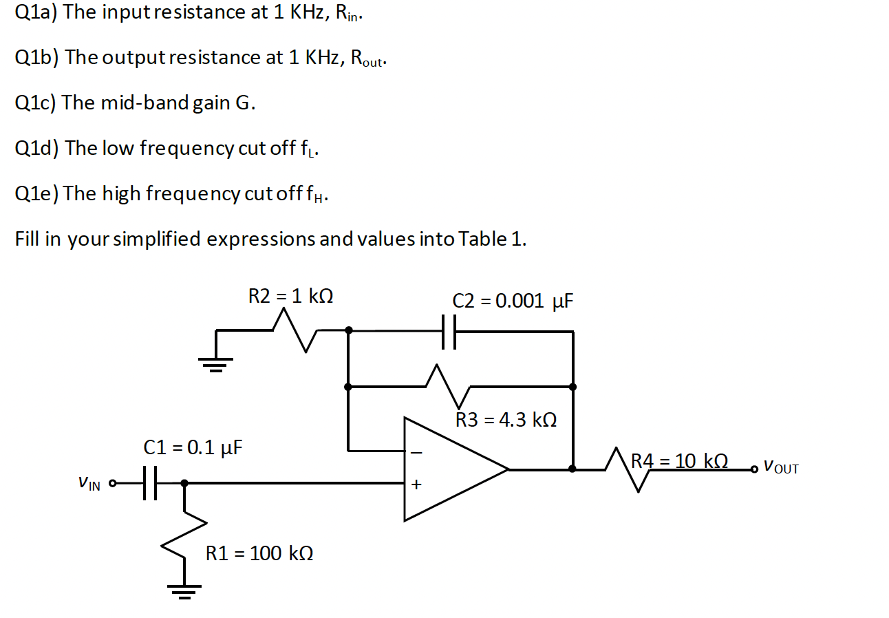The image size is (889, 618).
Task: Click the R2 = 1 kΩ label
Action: (290, 297)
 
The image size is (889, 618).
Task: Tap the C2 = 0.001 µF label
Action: (513, 301)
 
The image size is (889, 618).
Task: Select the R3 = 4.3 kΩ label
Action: (506, 420)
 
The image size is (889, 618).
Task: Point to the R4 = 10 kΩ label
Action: (679, 460)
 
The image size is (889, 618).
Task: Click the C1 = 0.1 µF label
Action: (193, 448)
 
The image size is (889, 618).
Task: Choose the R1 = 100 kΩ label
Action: (259, 553)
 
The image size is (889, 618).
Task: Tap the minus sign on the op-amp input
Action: (415, 454)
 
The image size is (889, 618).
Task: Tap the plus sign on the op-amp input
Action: (415, 485)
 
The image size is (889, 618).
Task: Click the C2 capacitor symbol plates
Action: (449, 332)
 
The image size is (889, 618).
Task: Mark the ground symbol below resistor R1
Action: (184, 590)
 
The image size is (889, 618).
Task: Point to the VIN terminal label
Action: (89, 484)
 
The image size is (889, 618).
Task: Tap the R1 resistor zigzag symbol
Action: (184, 537)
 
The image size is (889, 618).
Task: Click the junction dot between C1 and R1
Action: (184, 483)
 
